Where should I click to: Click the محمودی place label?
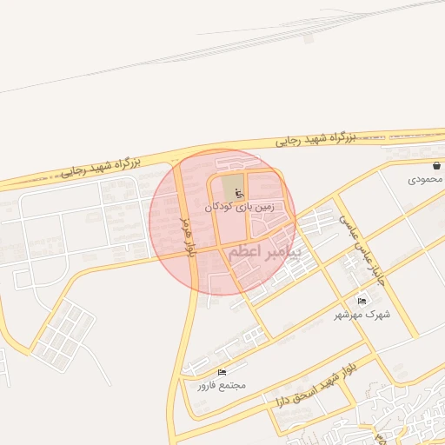point(425,179)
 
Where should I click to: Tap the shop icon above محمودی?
point(436,165)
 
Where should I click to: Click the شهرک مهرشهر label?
point(365,314)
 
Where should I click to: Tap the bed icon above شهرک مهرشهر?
point(362,301)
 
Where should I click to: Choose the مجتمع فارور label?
point(222,384)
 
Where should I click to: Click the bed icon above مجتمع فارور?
point(222,371)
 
